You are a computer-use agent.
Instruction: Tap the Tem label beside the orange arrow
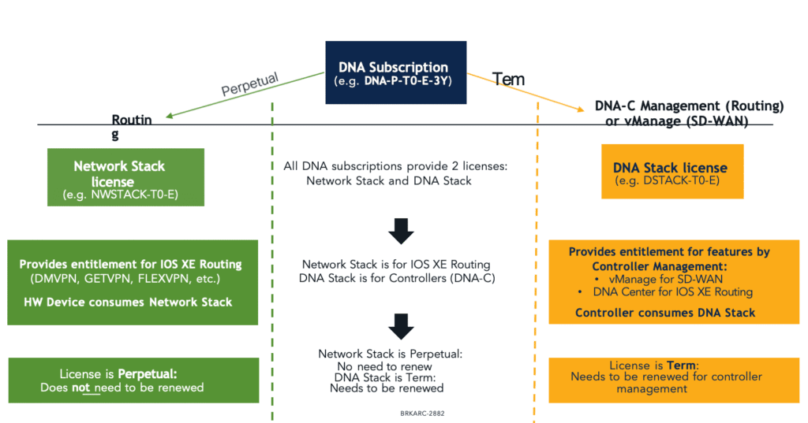click(508, 80)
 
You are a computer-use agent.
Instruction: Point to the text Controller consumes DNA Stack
click(665, 313)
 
